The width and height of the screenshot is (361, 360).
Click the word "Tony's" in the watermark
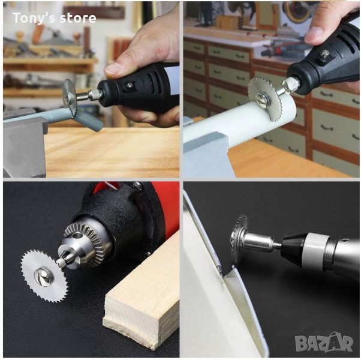[x=32, y=18]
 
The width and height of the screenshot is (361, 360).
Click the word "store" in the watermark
[x=77, y=18]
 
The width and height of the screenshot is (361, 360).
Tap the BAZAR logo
[x=324, y=343]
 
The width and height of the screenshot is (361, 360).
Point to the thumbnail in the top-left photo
[x=114, y=68]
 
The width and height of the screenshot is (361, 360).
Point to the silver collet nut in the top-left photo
[x=94, y=94]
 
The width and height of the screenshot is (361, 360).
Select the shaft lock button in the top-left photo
[x=128, y=86]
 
